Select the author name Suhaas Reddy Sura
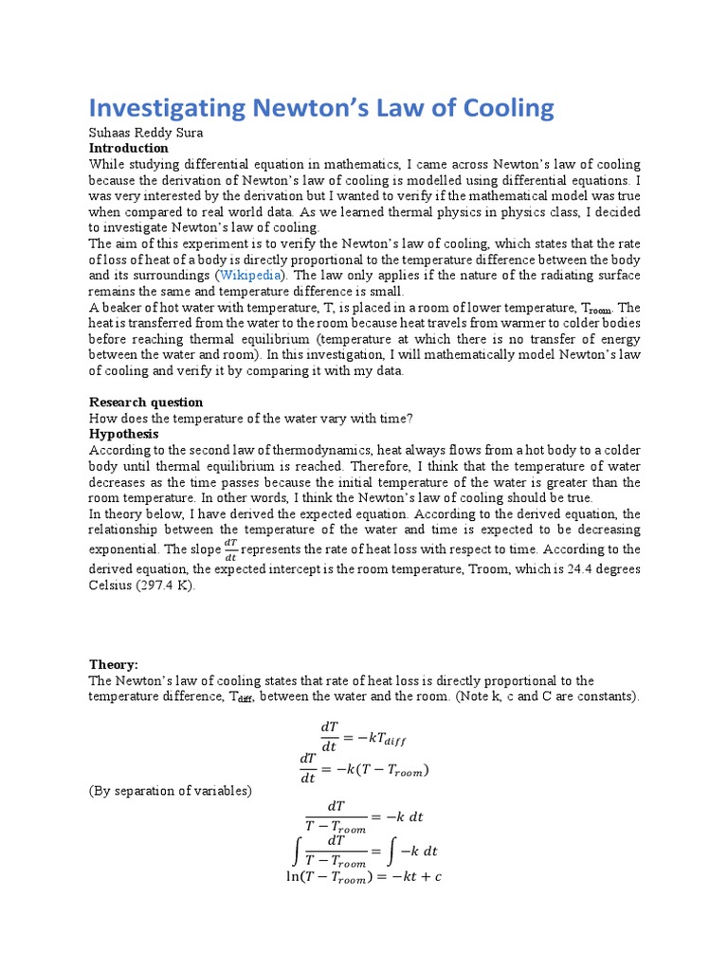point(148,134)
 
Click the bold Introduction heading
point(128,149)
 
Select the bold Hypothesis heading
point(124,434)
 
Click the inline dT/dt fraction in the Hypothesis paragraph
point(230,549)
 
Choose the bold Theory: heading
point(114,665)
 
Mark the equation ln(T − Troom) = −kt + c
point(363,877)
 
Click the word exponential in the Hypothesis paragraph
point(125,549)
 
